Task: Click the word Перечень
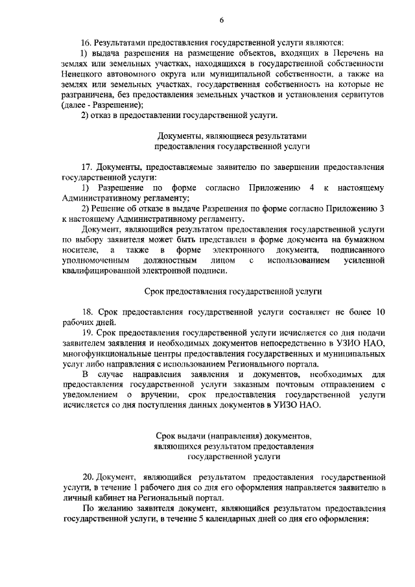tap(354, 53)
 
